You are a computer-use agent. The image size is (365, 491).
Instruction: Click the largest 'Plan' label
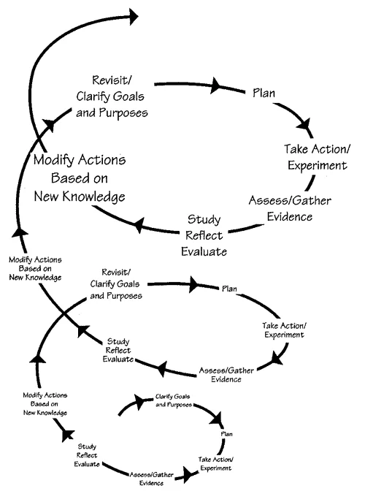(263, 93)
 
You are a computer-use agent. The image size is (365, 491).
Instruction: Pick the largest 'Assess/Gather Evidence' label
(280, 208)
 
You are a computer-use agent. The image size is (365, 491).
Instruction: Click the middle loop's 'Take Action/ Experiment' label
(282, 330)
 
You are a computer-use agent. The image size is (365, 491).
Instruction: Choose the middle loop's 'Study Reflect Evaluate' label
(118, 350)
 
